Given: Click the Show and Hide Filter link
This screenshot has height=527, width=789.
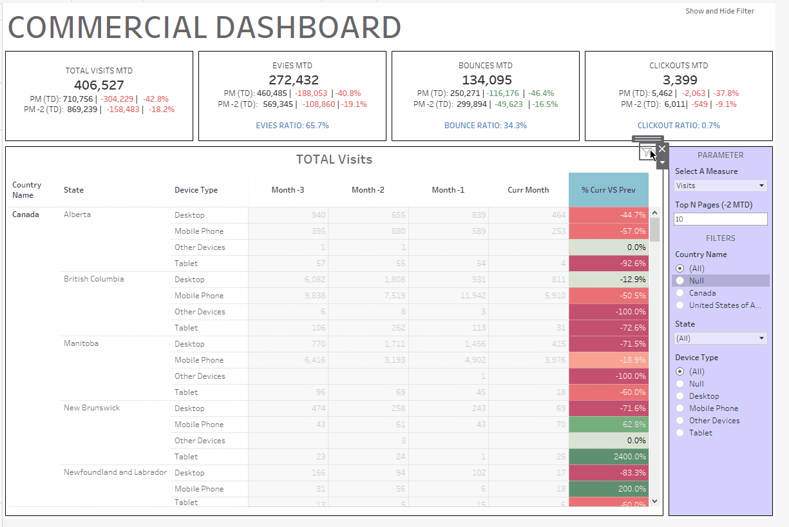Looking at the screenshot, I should [719, 11].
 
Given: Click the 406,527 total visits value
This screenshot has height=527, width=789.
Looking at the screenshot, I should [99, 85].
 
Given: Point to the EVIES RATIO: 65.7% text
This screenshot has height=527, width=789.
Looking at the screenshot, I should [292, 126].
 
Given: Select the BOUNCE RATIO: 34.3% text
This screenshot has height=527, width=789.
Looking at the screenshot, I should [486, 126].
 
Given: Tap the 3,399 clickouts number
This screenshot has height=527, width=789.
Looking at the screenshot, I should [679, 80].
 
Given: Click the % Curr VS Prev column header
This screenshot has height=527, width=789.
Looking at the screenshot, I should [609, 190].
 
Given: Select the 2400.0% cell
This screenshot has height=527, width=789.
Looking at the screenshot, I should [609, 457].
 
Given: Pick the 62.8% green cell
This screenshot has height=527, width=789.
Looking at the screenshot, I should [609, 425].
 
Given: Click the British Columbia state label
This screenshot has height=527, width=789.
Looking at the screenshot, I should [93, 279].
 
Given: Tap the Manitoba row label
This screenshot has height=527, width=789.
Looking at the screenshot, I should [81, 343].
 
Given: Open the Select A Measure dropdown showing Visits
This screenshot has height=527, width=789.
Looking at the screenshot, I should [721, 186].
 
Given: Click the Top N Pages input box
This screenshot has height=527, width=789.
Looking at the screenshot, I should [721, 219].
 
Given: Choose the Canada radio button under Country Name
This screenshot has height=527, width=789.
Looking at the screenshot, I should [680, 293].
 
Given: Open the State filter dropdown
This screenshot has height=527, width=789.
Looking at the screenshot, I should [721, 338].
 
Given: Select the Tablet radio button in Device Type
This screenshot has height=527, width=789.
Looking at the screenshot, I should [680, 433].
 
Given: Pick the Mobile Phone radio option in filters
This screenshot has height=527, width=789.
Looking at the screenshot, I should [680, 408].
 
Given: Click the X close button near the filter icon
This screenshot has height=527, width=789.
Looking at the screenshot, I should [662, 149].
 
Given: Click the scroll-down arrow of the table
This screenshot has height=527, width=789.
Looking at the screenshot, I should [655, 501].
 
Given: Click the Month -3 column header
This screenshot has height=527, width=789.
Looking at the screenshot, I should [288, 190].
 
